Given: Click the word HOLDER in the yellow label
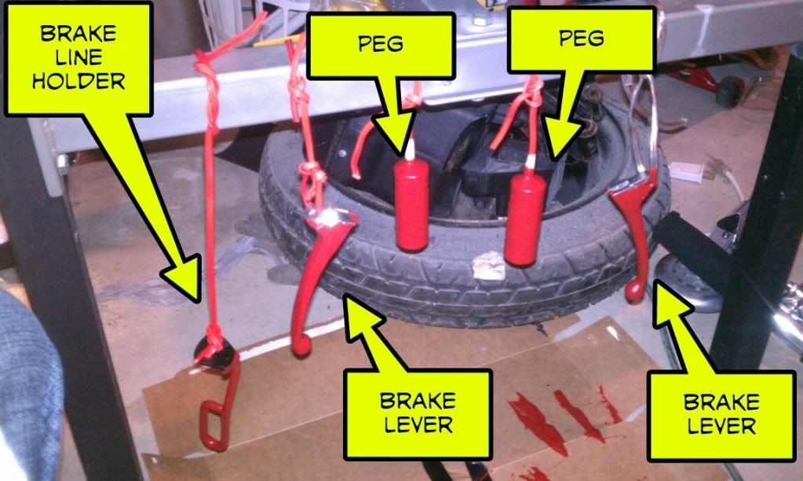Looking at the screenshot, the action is tap(78, 81).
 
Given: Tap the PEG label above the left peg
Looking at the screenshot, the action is tap(381, 44).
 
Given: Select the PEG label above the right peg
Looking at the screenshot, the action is tap(582, 39).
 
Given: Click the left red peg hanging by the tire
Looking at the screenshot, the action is tap(411, 203).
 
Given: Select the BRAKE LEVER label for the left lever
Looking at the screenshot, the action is tap(418, 413).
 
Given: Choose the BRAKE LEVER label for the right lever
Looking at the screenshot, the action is tap(721, 414).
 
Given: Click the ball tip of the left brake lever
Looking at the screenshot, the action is tap(301, 347).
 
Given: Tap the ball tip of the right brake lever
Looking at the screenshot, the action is tap(634, 292).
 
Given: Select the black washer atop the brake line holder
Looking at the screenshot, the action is tap(214, 352).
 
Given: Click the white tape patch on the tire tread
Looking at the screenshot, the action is tap(488, 265).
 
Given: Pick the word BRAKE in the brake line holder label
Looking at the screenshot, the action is tap(78, 34).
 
